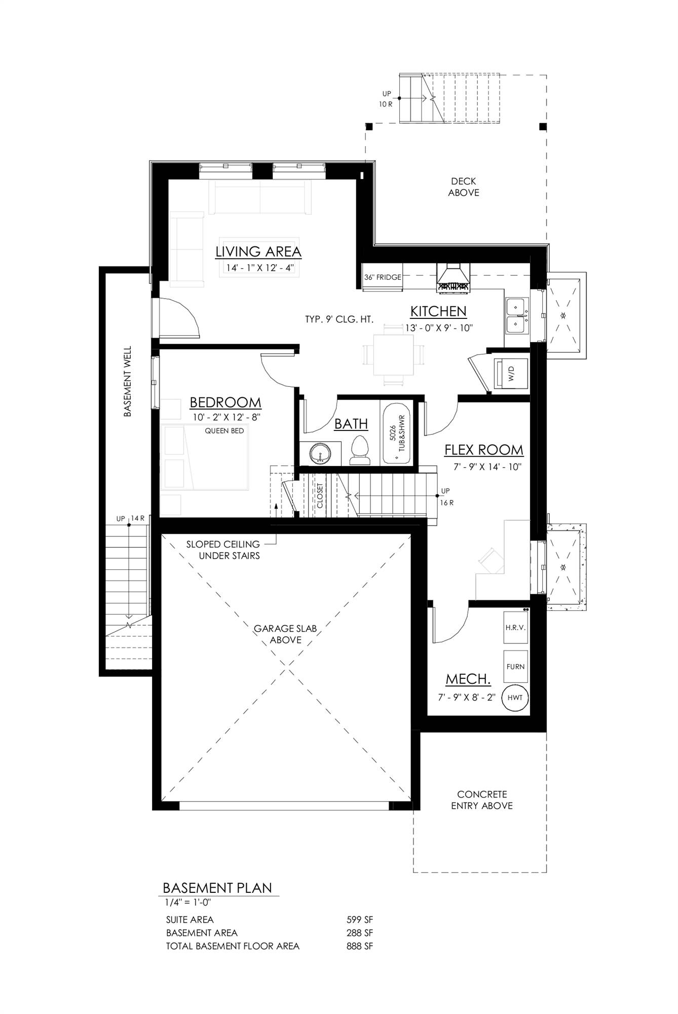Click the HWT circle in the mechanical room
(515, 698)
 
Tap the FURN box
(515, 667)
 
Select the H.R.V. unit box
(515, 628)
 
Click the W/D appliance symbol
(511, 376)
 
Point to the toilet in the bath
(360, 449)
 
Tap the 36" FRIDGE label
(383, 277)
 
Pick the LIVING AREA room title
(258, 251)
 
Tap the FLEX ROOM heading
(483, 450)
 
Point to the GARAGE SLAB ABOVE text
(285, 634)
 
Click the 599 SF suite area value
(359, 920)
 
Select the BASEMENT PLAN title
(217, 888)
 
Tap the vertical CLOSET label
(320, 495)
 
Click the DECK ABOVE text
(463, 187)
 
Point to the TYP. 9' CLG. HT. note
(339, 319)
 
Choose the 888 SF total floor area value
(359, 946)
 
